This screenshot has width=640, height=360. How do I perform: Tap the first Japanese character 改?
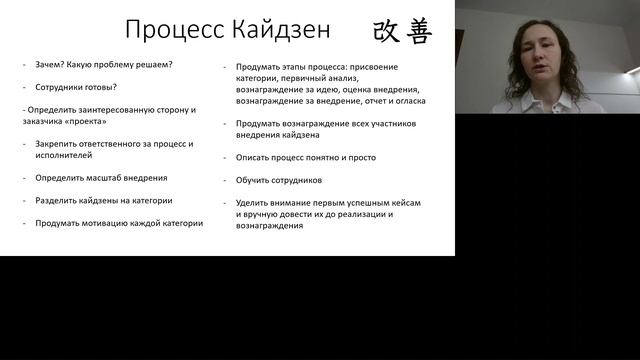point(386,30)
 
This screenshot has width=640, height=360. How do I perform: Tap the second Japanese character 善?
point(418,30)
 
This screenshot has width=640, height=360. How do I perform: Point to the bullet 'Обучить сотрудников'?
point(279,180)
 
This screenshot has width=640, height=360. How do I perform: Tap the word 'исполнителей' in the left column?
point(63,156)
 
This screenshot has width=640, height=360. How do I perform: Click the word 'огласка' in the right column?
point(408,101)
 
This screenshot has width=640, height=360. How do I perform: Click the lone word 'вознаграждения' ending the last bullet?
point(270,226)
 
